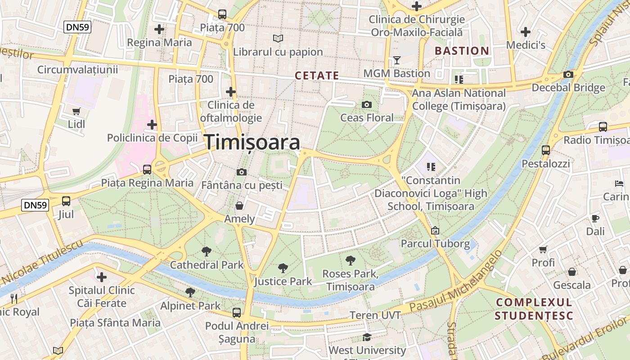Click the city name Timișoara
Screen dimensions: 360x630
coord(253,142)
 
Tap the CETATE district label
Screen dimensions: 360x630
coord(317,76)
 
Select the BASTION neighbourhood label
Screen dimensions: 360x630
coord(462,51)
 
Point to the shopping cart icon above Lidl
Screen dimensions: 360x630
coord(76,111)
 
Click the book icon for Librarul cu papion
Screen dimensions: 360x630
coord(278,39)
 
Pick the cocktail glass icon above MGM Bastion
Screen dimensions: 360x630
coord(396,60)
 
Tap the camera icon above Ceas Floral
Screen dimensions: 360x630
coord(367,105)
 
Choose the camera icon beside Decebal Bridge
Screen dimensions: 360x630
coord(568,75)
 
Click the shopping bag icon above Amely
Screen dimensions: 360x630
coord(239,206)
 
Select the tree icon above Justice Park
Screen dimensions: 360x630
coord(283,268)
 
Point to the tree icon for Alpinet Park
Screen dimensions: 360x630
coord(190,292)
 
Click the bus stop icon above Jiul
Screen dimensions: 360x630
coord(66,201)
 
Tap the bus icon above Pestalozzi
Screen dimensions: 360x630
coord(546,150)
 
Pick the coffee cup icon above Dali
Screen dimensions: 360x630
coord(595,218)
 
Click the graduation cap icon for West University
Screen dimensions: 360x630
coord(367,337)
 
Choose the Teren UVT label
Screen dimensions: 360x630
coord(375,315)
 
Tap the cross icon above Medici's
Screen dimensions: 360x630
coord(525,32)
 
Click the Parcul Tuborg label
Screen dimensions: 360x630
coord(435,244)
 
